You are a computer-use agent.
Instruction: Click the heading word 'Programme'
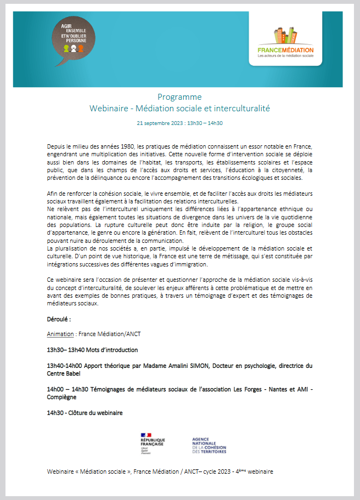pos(179,97)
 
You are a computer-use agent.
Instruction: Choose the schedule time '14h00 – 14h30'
pos(70,389)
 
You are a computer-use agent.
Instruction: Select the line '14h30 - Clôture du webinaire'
pos(85,412)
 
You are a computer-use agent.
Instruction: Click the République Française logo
pos(153,442)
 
